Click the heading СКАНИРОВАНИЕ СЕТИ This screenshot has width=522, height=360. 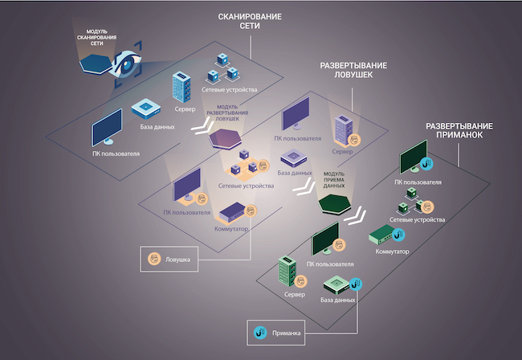(x=249, y=21)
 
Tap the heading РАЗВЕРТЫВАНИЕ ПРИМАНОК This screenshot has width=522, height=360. (x=458, y=133)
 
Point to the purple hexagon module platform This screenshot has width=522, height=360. (x=225, y=138)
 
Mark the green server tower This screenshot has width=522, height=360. (x=285, y=272)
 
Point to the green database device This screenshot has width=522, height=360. (x=336, y=286)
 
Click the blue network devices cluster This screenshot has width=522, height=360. (x=224, y=69)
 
